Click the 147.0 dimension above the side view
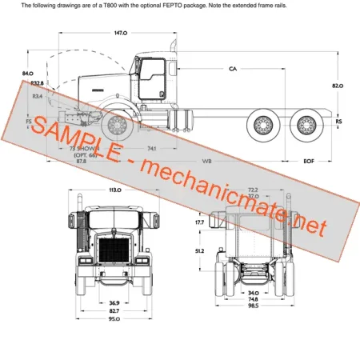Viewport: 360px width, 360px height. (120, 34)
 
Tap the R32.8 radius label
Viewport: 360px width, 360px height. (37, 82)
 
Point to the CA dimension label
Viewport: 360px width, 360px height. (233, 70)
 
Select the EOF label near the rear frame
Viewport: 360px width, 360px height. (309, 162)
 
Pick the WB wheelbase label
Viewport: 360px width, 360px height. (206, 162)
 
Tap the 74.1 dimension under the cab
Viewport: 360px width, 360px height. (152, 149)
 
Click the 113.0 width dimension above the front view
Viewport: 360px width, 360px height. (114, 190)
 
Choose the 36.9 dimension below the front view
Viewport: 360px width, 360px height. (114, 302)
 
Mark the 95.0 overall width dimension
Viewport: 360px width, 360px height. (114, 319)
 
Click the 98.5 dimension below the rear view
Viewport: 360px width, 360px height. (253, 306)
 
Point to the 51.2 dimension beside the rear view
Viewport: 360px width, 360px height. (200, 250)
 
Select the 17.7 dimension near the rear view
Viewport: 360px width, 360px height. (200, 222)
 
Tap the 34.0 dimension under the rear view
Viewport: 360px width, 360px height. (253, 292)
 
